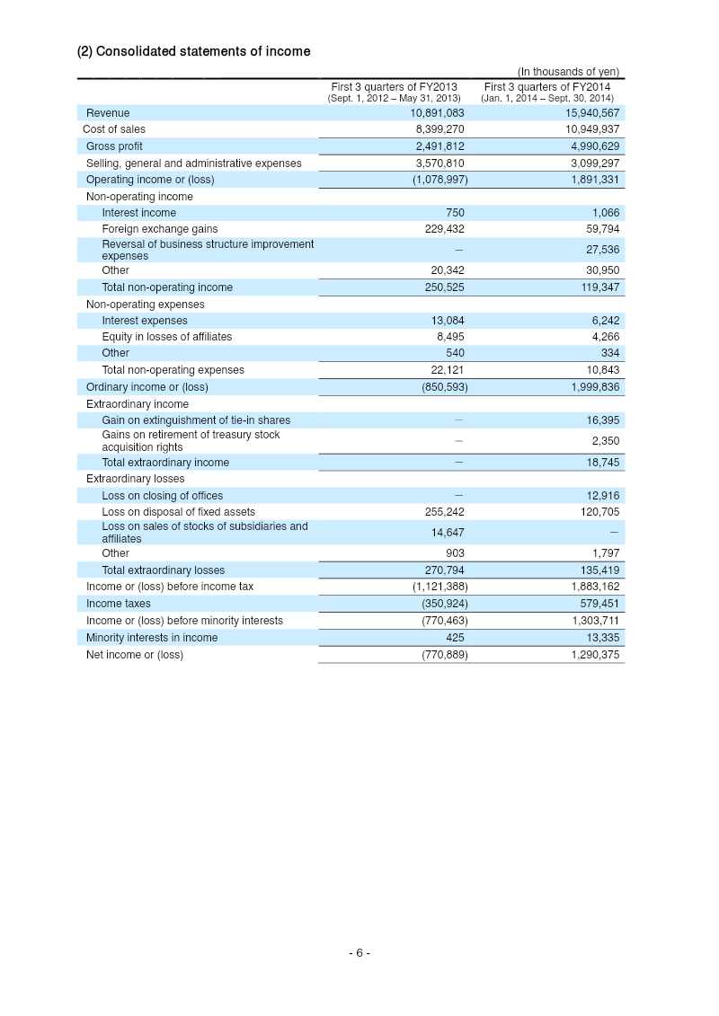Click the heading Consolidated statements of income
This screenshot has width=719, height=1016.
coord(193,51)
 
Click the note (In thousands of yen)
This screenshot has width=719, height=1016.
coord(567,72)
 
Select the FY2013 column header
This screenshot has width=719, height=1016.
coord(394,92)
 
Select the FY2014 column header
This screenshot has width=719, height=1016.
coord(546,92)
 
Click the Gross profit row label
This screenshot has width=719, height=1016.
coord(114,146)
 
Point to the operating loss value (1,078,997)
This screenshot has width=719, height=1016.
coord(438,180)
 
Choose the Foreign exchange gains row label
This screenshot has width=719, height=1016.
coord(159,229)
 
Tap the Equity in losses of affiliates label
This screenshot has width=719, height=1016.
coord(166,337)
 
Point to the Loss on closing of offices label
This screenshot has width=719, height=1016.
coord(162,496)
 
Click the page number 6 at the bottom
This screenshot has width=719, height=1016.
coord(359,953)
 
